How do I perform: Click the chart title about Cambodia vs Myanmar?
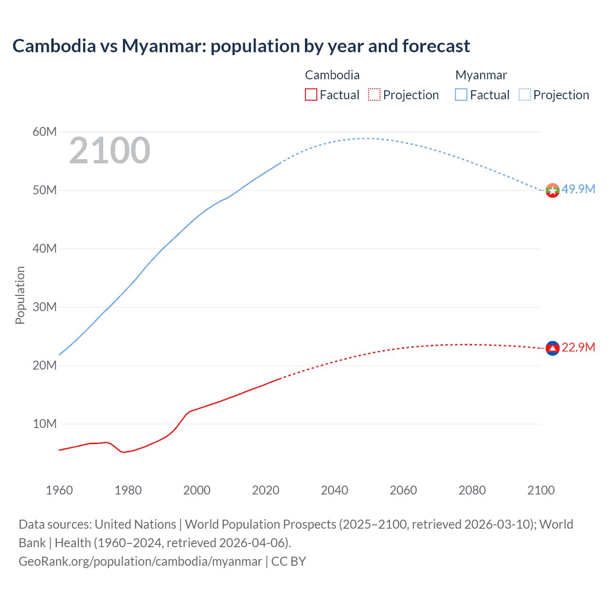241,46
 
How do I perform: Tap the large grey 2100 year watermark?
110,151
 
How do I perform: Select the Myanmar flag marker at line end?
552,190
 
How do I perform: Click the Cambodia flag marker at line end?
552,348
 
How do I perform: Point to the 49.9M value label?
578,189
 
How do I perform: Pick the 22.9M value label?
578,347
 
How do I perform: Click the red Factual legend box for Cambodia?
311,95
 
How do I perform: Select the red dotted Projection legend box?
374,95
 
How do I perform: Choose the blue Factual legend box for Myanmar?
461,95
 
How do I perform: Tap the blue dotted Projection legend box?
525,95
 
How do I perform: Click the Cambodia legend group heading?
332,75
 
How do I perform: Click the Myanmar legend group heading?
481,75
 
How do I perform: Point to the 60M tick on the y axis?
45,132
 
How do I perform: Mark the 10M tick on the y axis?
45,424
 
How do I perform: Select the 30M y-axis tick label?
45,307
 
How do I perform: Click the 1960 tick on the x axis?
59,490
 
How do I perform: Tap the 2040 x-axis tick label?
334,490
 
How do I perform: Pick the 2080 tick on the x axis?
472,490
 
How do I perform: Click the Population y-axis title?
20,295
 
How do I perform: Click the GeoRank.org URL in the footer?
140,561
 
